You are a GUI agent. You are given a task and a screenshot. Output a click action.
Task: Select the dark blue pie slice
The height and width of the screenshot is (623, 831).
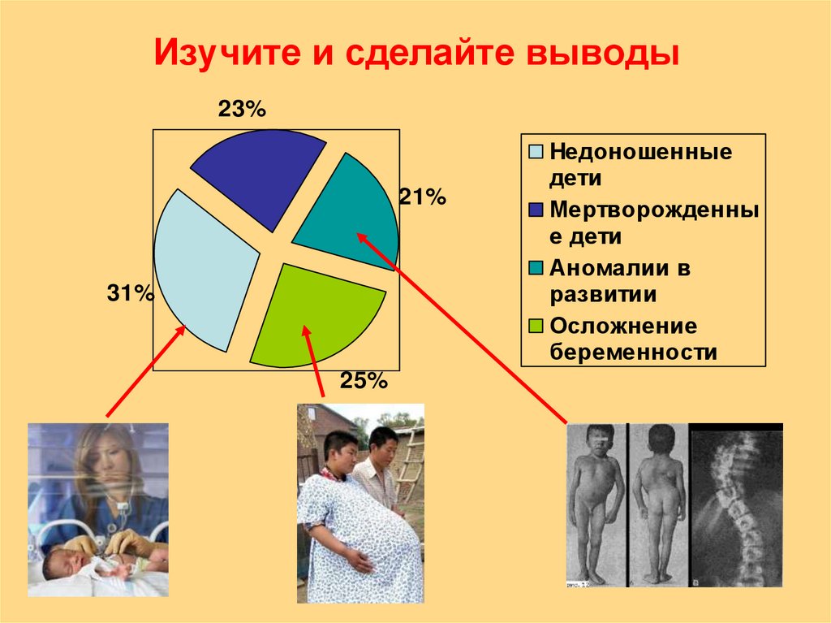[256, 175]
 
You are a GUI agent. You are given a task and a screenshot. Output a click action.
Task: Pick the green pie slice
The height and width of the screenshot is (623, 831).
[312, 313]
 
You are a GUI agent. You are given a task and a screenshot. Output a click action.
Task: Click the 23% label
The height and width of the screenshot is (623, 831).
[241, 110]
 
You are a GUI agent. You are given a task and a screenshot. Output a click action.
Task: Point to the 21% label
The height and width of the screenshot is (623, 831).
[422, 197]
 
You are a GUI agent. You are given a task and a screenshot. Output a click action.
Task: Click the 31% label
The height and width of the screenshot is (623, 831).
[130, 293]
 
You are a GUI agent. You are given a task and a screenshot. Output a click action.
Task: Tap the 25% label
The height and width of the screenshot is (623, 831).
[364, 380]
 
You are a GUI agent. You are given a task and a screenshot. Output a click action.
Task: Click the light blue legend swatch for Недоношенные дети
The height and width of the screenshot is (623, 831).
[536, 152]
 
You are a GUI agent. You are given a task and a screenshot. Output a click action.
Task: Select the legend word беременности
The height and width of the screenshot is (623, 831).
[634, 353]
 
